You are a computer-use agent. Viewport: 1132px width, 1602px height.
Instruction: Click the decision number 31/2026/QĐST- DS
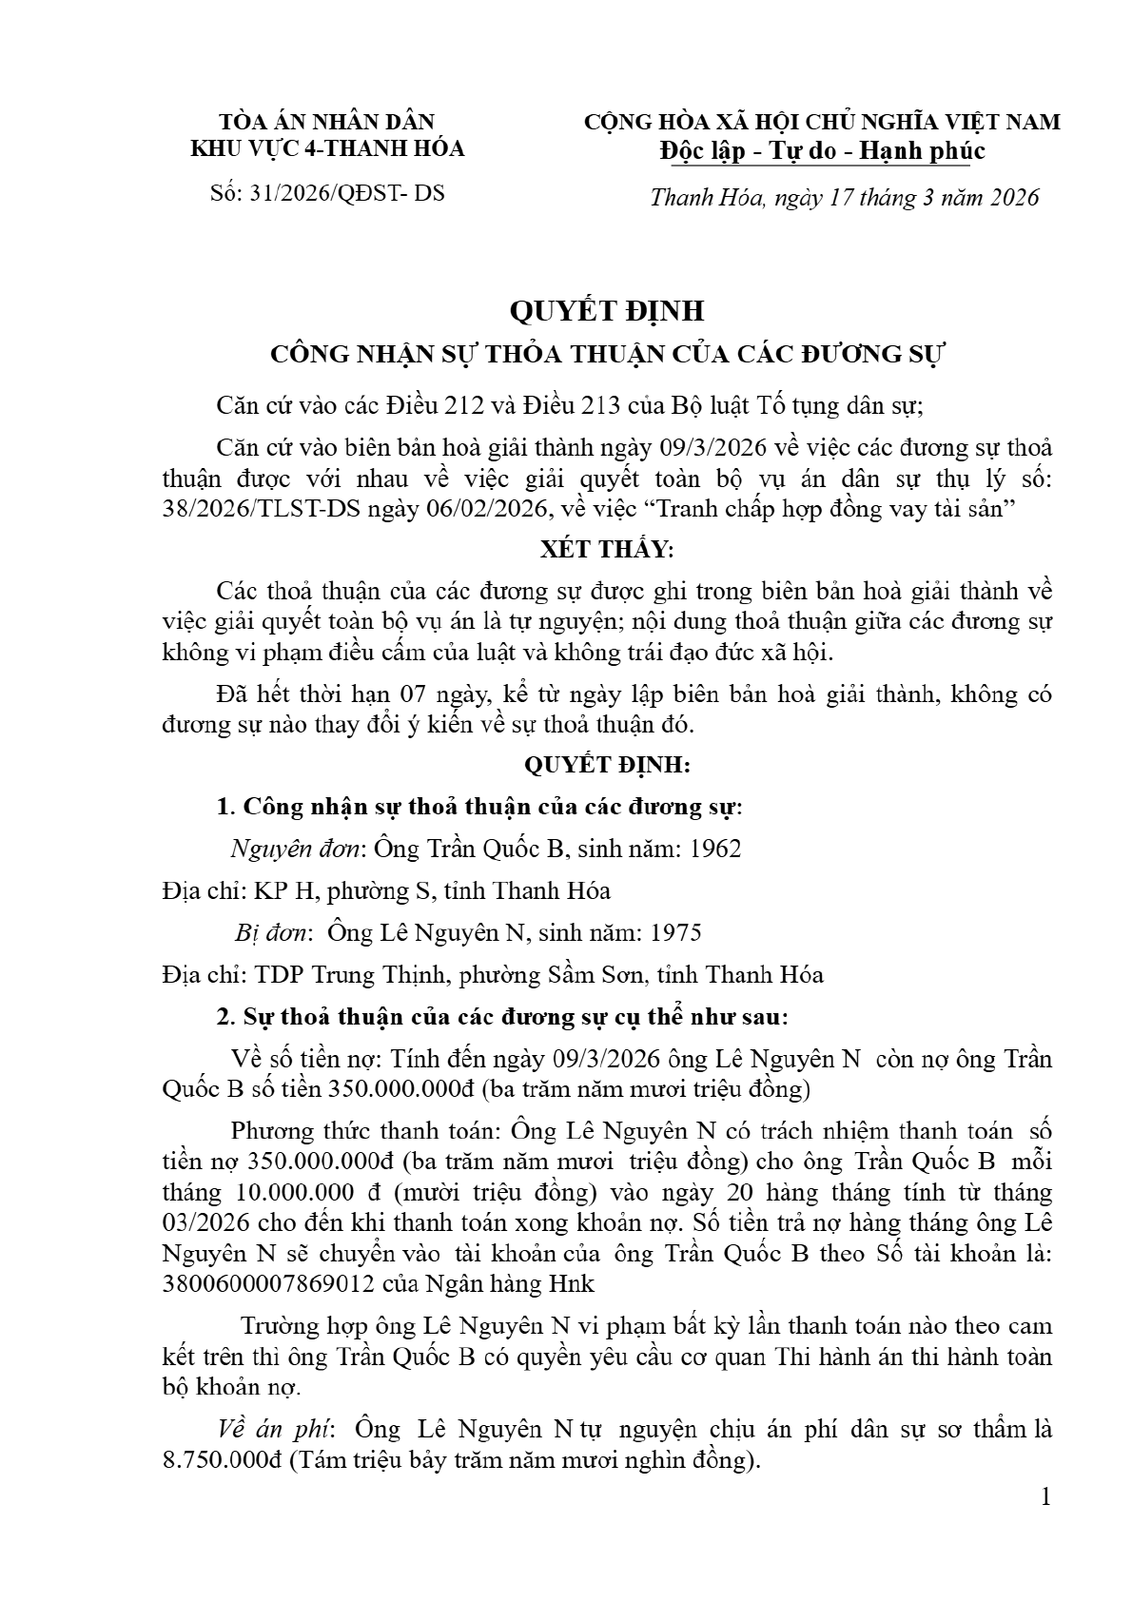pos(346,194)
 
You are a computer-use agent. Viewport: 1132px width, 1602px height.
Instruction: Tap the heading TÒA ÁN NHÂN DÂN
pos(327,122)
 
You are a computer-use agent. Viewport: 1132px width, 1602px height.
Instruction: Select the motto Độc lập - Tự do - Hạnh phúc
pos(822,151)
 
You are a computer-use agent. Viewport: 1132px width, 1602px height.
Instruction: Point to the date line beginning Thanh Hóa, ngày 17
pos(845,198)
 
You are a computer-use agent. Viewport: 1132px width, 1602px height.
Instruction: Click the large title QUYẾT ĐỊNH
pos(607,311)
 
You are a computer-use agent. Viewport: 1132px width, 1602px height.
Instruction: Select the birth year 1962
pos(712,849)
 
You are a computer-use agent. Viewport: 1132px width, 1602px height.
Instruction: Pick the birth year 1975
pos(673,932)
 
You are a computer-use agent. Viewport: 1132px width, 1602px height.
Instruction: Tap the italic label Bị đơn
pos(272,932)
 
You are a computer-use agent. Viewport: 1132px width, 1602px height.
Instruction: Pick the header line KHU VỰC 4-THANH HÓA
pos(327,148)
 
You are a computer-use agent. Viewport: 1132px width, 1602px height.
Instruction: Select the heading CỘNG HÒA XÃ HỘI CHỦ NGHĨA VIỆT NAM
pos(822,122)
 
